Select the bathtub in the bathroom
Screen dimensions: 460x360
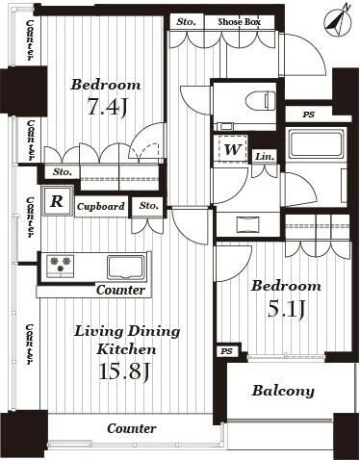pos(315,145)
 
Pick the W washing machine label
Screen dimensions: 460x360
pos(232,150)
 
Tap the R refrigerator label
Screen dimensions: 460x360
pos(57,202)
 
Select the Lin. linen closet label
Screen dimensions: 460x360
pos(266,156)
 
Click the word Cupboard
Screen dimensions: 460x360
pos(100,207)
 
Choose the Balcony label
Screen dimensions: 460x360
pos(283,391)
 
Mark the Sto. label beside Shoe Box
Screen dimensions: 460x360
pos(185,20)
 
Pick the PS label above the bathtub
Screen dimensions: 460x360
pos(308,115)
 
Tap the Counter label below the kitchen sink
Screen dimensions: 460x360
pos(120,290)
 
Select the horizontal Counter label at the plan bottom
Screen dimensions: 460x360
pos(132,428)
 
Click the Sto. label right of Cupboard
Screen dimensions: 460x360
pos(148,206)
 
